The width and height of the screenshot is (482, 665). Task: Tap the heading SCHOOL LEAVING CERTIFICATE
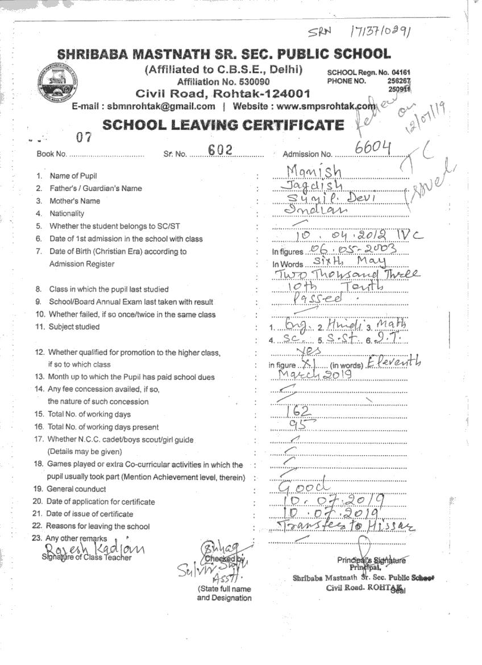[223, 126]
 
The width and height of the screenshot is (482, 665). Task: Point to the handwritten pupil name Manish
[314, 170]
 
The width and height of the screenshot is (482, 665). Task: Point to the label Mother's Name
[74, 201]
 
